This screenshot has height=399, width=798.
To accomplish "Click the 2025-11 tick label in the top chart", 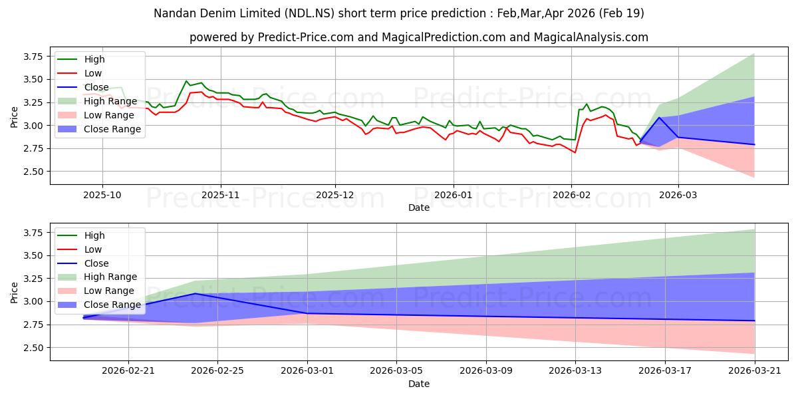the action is (221, 196).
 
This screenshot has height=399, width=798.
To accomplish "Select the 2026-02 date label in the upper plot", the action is (571, 196).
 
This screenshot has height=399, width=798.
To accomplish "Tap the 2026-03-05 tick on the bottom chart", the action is (396, 371).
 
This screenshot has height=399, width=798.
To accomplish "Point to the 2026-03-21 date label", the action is (755, 371).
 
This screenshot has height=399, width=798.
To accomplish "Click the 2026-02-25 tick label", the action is (217, 371).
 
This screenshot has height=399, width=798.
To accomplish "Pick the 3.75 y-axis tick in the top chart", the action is (33, 57).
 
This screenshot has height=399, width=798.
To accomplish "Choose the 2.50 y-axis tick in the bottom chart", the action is (33, 348).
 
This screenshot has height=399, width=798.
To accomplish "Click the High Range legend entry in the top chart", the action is (97, 101).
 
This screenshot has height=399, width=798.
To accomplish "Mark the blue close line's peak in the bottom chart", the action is (195, 293).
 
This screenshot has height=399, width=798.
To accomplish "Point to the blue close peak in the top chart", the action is (659, 117).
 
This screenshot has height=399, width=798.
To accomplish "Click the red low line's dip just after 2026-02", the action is (575, 152).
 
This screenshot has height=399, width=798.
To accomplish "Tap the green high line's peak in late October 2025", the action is (186, 81).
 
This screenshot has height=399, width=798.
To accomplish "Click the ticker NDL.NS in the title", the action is (309, 13).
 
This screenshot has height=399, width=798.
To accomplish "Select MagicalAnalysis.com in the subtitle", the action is (591, 37).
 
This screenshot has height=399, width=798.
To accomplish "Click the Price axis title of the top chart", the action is (14, 117).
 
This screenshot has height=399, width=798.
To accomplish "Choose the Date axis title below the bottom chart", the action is (419, 384).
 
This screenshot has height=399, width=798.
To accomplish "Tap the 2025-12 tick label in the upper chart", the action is (335, 196).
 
